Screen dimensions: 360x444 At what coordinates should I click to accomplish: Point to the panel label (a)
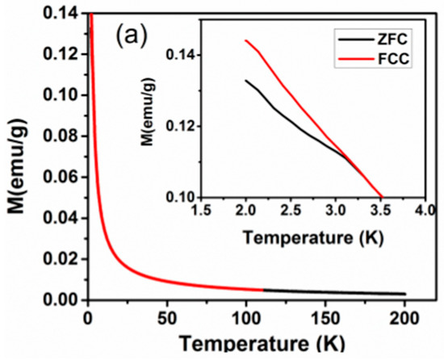click(x=132, y=36)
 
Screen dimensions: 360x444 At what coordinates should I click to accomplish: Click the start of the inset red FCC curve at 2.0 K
click(x=245, y=40)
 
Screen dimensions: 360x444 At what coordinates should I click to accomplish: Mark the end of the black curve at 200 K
click(x=405, y=294)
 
